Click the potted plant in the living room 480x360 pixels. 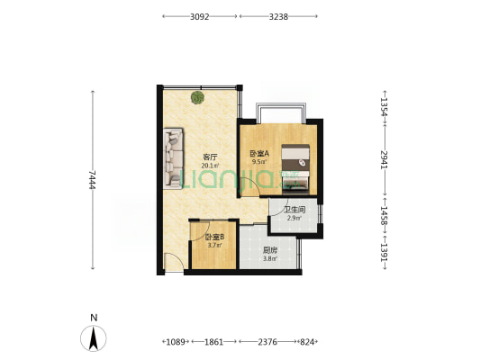click(197, 97)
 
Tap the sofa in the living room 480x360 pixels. click(173, 157)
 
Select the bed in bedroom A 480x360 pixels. click(295, 168)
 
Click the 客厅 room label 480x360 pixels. click(210, 157)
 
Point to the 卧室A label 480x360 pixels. click(259, 153)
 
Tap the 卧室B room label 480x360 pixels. click(215, 237)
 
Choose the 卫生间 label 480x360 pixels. click(294, 210)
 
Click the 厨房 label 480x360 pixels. click(270, 250)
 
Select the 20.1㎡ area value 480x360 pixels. click(210, 166)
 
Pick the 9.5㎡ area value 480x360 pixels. click(259, 161)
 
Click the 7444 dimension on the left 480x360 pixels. click(93, 180)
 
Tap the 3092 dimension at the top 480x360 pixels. click(200, 17)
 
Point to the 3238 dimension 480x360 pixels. click(278, 17)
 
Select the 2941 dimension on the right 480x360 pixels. click(385, 159)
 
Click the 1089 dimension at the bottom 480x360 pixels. click(176, 342)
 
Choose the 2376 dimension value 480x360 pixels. click(267, 342)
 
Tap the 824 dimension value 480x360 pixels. click(307, 342)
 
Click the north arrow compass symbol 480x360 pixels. click(94, 338)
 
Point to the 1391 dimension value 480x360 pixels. click(385, 252)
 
